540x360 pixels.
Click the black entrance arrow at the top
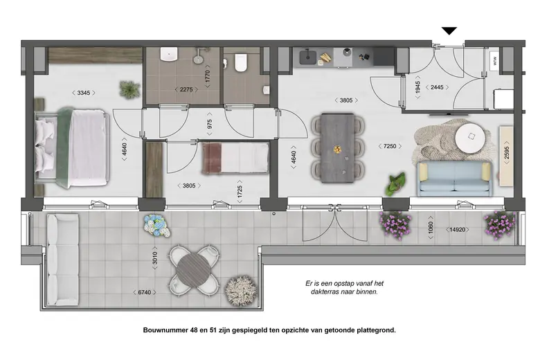point(449,30)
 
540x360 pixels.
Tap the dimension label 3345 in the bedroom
point(84,93)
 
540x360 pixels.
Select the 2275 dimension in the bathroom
point(186,89)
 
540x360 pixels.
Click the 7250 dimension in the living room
point(390,146)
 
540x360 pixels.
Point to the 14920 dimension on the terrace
point(458,229)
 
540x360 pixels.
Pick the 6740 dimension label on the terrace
point(145,292)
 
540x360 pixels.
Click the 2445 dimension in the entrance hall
point(437,87)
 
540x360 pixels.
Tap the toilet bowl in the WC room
point(241,63)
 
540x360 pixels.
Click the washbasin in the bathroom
point(169,55)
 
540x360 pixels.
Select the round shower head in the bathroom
point(198,59)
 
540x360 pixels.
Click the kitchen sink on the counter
point(308,57)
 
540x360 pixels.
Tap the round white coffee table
point(470,138)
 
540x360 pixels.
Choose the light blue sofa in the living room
point(455,179)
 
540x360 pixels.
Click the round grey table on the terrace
point(194,269)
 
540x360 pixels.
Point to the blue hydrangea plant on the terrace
point(157,225)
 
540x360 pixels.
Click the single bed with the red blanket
point(235,158)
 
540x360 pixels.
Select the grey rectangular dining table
point(337,148)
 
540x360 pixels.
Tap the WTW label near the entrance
point(495,61)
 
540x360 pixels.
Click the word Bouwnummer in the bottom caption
point(165,330)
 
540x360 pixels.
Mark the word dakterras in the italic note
point(325,291)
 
